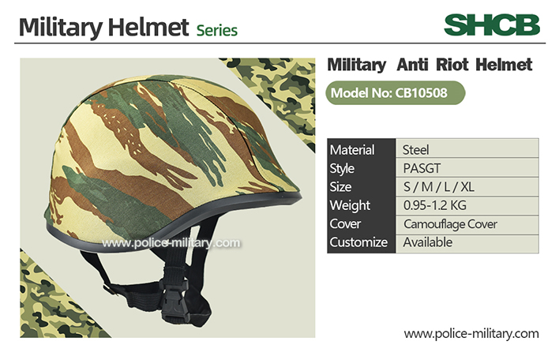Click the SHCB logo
[x=492, y=25]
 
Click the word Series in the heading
[x=217, y=31]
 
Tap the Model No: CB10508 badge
[x=396, y=93]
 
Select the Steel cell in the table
[x=467, y=148]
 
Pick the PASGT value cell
[x=467, y=167]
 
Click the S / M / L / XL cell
[x=467, y=187]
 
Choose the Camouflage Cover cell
[x=467, y=224]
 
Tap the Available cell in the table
[x=467, y=243]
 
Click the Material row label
[x=352, y=150]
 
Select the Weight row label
[x=350, y=206]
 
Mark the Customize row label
[x=358, y=242]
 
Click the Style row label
[x=342, y=169]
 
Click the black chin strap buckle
[x=174, y=301]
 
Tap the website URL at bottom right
[x=471, y=334]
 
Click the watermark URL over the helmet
[x=171, y=243]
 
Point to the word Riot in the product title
[x=452, y=65]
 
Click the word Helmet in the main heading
[x=148, y=27]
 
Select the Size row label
[x=340, y=187]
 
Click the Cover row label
[x=345, y=224]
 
